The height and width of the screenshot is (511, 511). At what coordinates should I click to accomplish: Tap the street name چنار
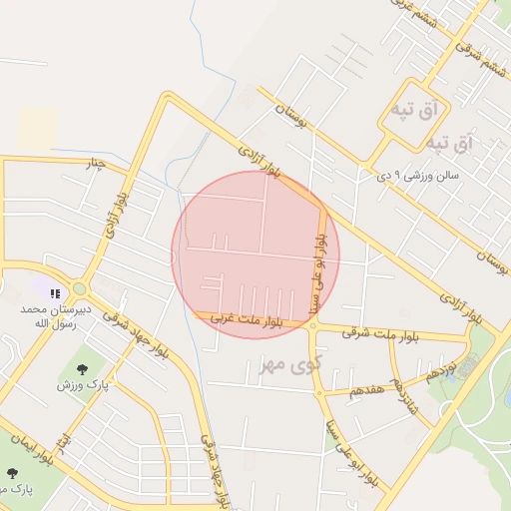click(96, 164)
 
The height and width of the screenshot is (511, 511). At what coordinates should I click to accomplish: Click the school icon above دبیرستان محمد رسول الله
click(56, 292)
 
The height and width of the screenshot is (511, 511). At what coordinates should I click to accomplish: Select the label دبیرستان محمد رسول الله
click(57, 316)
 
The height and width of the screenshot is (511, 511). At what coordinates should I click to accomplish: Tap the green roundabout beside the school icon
click(80, 289)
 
